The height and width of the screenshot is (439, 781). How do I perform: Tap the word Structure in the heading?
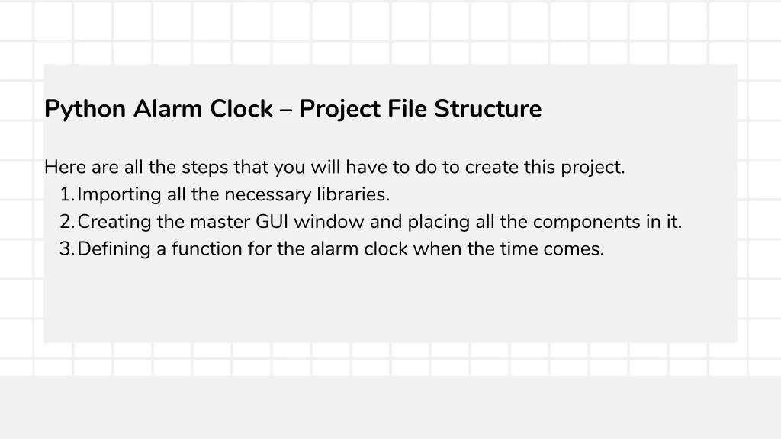(488, 109)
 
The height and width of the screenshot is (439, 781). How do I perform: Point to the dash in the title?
(285, 110)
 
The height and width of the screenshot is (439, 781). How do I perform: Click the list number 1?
(66, 194)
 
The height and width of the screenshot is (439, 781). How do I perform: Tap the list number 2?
(66, 222)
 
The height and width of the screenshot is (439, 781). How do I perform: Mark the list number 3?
(66, 249)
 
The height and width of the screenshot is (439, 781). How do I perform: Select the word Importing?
(120, 195)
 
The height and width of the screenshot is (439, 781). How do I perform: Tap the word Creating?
(114, 223)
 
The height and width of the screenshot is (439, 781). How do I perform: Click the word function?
(204, 249)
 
